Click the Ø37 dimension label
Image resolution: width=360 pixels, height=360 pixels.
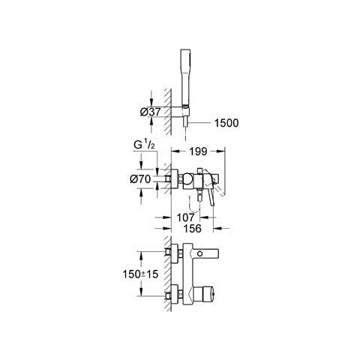(x=150, y=112)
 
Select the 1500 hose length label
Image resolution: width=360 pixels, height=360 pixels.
(x=226, y=123)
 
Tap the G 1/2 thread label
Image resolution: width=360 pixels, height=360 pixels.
(x=144, y=145)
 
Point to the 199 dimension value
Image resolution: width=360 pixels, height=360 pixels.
(x=198, y=151)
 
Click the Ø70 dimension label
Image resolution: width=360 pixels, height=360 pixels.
(x=140, y=179)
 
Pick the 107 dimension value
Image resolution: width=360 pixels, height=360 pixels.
(x=185, y=217)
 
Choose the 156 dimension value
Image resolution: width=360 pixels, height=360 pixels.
(x=192, y=229)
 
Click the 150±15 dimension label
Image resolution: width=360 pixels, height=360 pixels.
(x=140, y=274)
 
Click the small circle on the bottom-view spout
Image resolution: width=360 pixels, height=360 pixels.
(x=199, y=253)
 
